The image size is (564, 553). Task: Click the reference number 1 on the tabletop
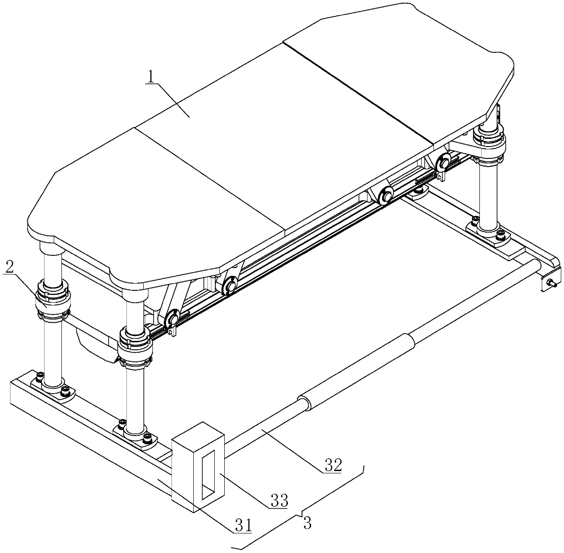point(151,77)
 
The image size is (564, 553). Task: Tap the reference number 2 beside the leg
point(9,267)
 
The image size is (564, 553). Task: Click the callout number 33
point(279,500)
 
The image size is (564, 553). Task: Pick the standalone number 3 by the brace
point(307,523)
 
